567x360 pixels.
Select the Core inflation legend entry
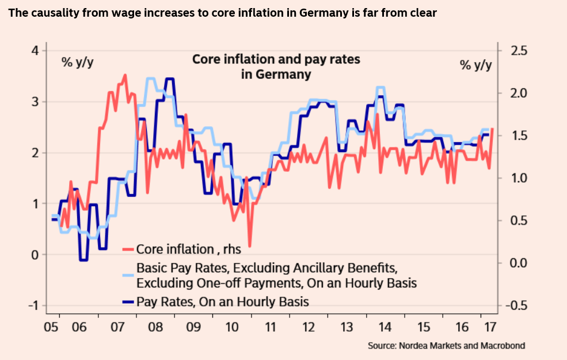click(188, 249)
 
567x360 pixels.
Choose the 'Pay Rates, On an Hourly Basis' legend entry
click(222, 301)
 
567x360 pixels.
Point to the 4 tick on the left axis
click(35, 51)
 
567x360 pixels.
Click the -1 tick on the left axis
click(33, 306)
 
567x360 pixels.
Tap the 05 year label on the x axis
click(52, 327)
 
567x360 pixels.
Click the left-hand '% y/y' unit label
click(78, 62)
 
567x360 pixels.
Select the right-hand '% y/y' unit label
click(476, 65)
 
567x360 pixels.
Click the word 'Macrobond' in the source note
click(503, 346)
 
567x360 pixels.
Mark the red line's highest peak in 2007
click(125, 75)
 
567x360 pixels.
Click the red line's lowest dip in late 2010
click(250, 246)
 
